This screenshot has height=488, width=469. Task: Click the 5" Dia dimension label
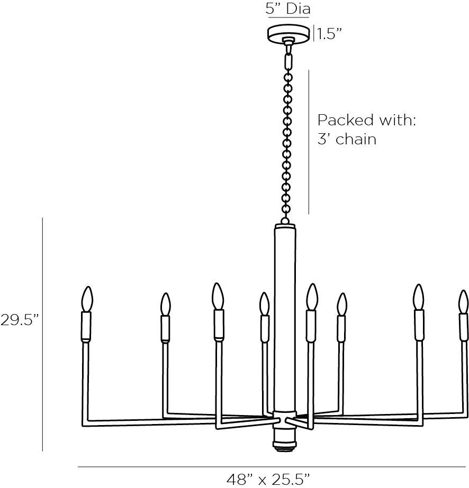point(288,9)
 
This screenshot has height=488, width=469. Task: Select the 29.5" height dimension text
point(20,320)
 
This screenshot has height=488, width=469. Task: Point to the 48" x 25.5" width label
point(268,479)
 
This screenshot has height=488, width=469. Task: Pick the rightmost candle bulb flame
point(464,301)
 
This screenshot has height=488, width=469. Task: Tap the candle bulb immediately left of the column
point(264,304)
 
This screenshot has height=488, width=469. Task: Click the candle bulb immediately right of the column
point(312,297)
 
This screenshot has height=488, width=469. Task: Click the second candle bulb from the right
point(419,298)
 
